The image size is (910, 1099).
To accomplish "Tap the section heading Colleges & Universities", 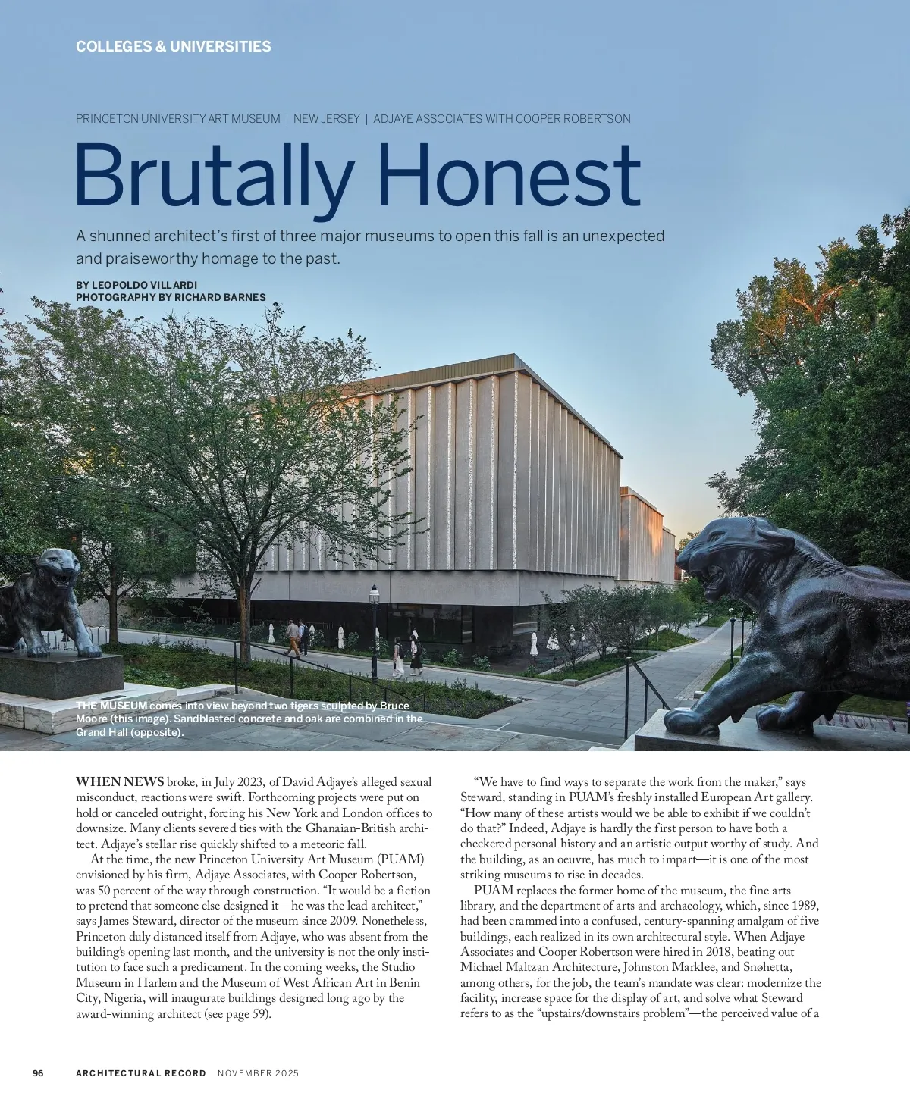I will click(x=173, y=47).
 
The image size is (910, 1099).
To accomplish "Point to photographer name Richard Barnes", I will click(x=220, y=297).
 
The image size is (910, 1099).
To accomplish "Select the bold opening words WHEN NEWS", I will click(x=120, y=781).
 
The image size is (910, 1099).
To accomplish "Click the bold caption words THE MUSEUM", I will click(x=111, y=706).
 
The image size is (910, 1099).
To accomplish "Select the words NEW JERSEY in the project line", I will click(x=327, y=119).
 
